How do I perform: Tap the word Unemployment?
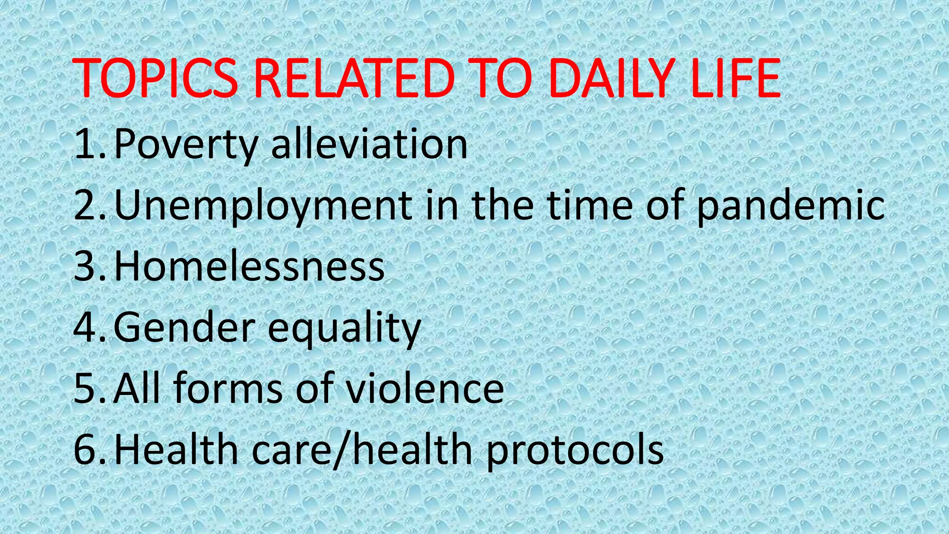tap(263, 205)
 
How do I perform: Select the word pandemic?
tap(791, 205)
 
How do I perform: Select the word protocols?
tap(575, 451)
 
